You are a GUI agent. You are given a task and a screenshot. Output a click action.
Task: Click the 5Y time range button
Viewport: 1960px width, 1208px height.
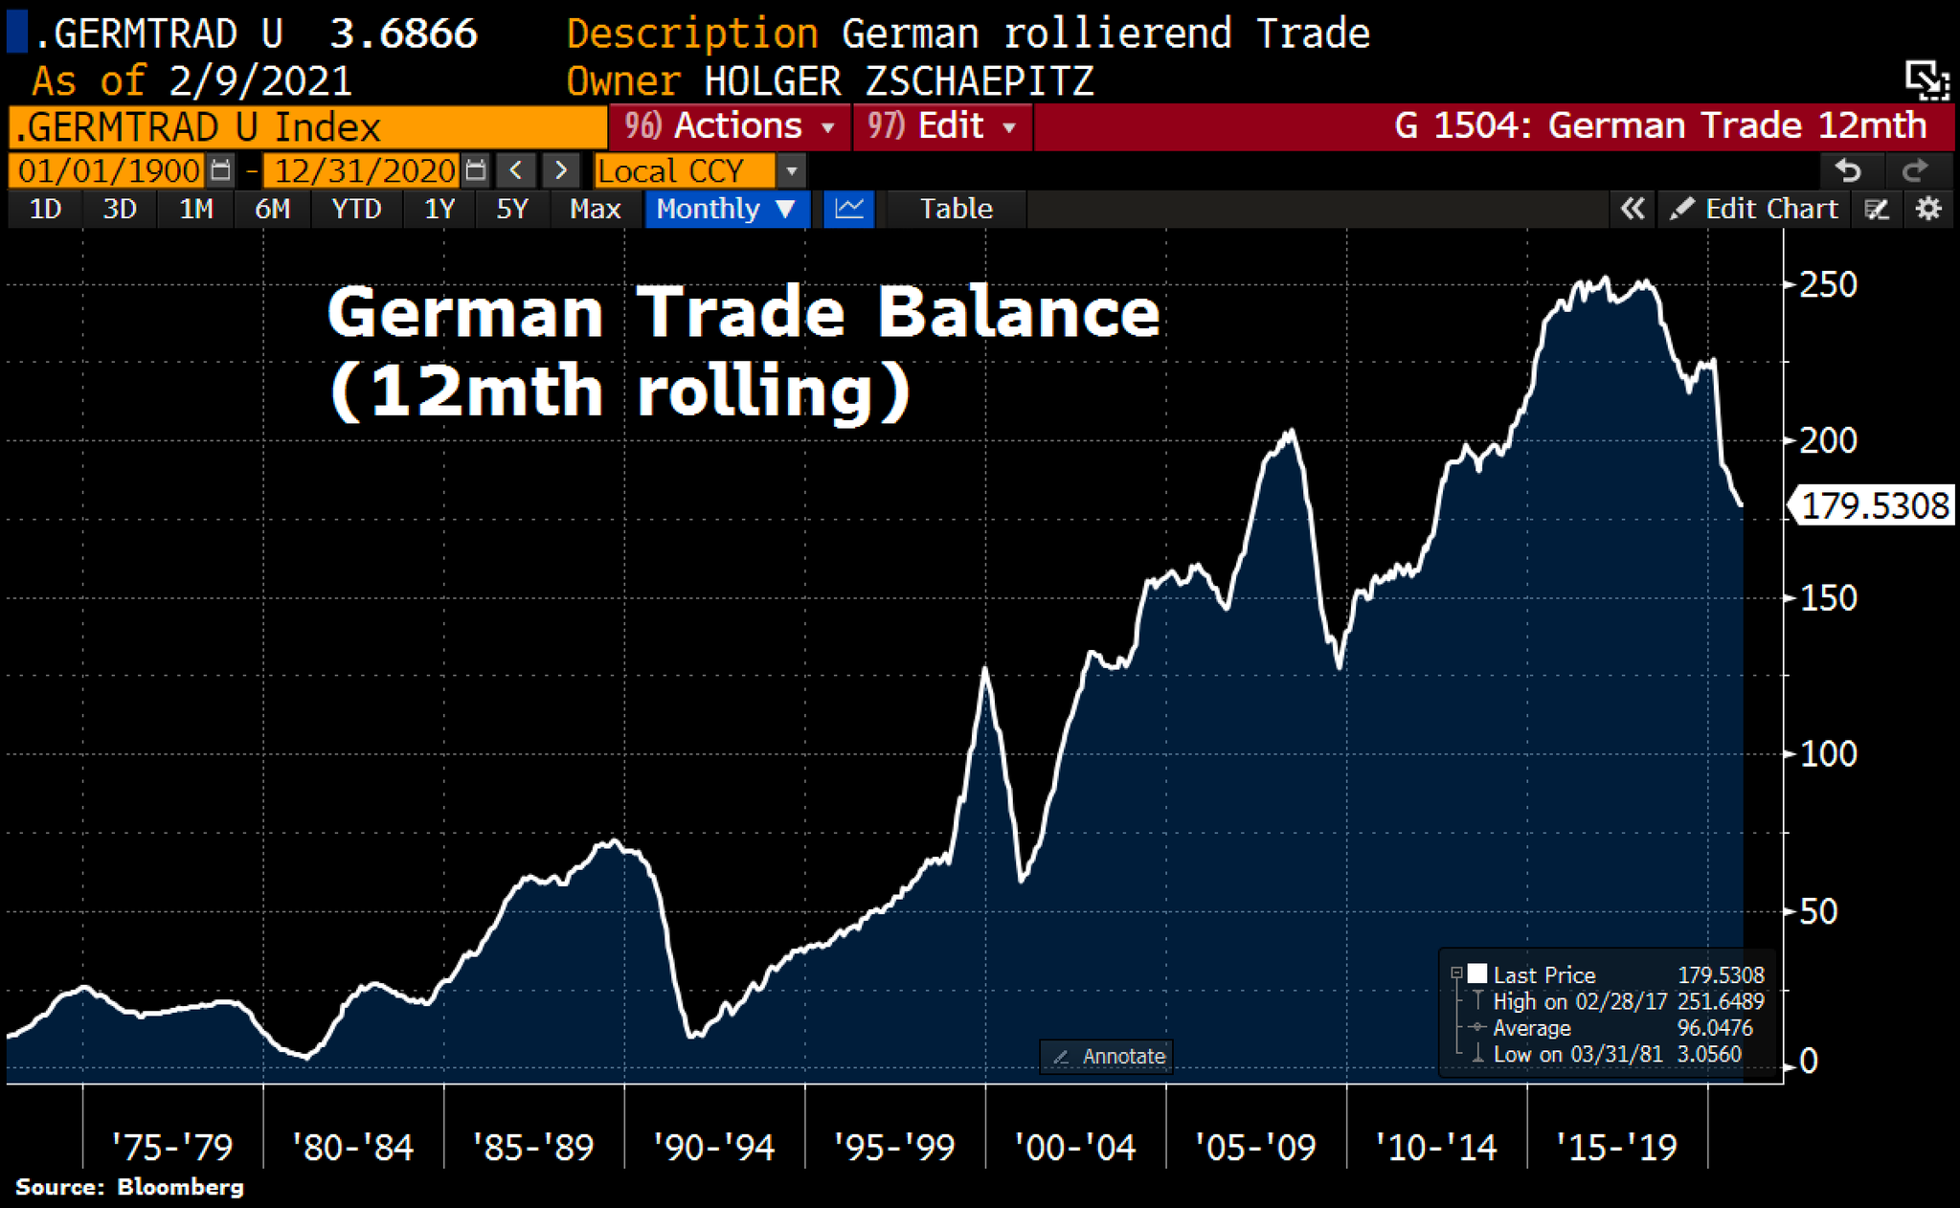512,209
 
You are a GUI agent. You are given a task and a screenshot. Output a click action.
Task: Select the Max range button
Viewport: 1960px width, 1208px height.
595,209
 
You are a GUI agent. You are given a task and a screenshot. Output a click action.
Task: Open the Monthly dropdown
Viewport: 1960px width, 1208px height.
726,209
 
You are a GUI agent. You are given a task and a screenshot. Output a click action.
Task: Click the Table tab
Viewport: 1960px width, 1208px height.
956,209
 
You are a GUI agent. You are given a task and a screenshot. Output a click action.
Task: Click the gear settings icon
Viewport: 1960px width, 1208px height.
1927,209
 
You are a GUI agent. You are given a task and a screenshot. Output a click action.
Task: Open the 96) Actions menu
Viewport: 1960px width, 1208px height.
730,126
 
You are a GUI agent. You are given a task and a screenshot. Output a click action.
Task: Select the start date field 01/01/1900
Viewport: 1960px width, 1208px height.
109,171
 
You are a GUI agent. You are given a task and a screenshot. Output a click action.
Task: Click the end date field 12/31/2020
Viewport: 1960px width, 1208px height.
365,171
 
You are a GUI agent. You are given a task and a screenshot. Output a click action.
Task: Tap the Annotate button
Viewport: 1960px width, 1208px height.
1108,1057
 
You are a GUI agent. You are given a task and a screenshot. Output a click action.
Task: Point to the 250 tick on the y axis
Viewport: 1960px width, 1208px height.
1826,284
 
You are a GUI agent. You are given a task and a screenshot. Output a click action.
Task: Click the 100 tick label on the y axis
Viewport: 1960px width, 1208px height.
1826,754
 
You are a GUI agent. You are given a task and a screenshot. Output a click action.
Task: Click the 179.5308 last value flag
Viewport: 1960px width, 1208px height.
1873,505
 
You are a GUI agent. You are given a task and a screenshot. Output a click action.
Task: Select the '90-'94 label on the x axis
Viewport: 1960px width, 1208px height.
713,1147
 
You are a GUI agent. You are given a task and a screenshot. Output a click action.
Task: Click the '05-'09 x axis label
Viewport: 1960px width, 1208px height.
1255,1147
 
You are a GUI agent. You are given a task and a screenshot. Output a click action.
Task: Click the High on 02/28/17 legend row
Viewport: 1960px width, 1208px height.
1618,1001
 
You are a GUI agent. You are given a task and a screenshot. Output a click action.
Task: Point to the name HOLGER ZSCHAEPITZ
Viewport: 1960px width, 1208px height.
898,81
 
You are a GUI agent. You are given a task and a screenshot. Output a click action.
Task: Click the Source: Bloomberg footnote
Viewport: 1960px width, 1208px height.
129,1187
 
